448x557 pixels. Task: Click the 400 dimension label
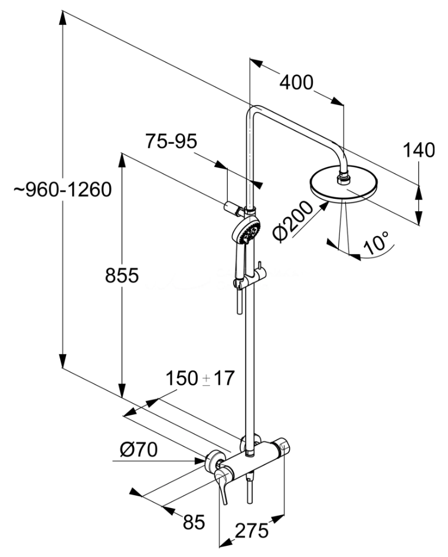tap(296, 83)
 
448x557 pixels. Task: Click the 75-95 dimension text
tap(171, 142)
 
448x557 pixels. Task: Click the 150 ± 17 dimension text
tap(200, 378)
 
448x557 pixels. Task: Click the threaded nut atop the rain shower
tap(343, 175)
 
